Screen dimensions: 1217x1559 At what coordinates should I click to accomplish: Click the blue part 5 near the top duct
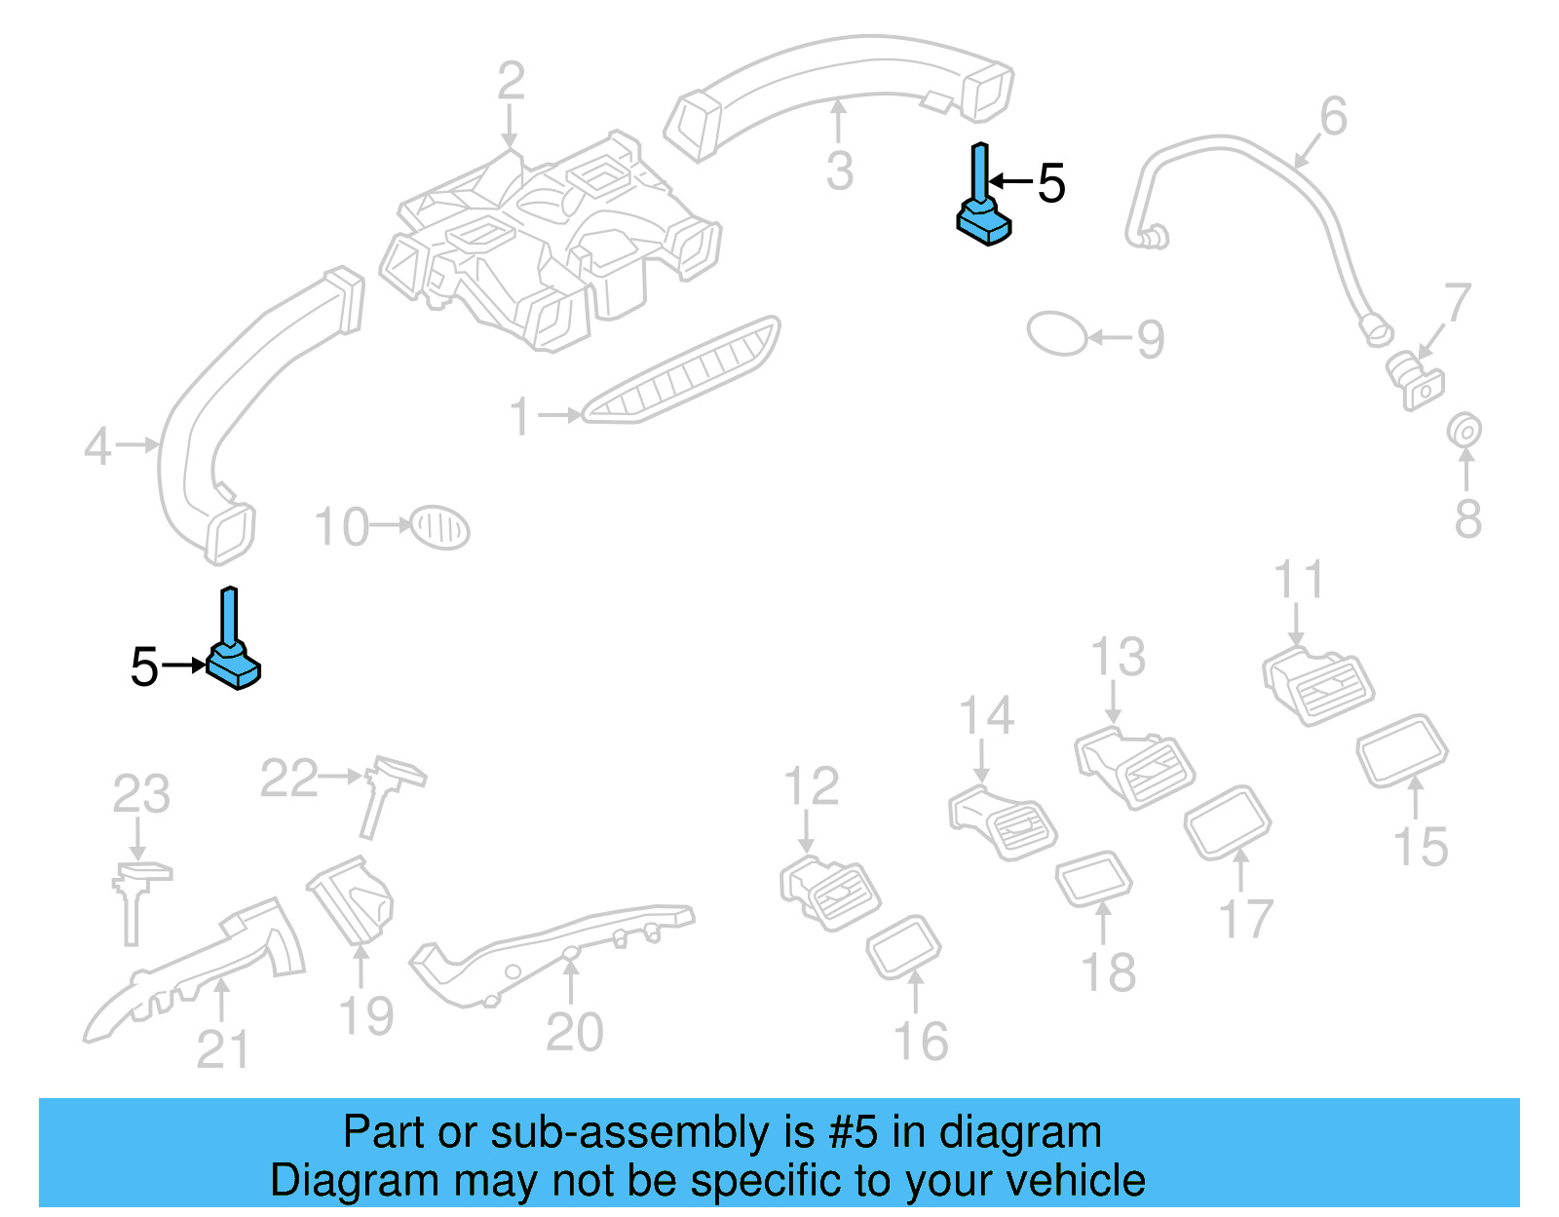pos(984,216)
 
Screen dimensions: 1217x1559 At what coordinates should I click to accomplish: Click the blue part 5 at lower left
pos(234,663)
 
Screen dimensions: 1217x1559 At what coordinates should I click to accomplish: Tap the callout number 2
pos(511,82)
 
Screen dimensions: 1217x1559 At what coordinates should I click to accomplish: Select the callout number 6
pos(1333,117)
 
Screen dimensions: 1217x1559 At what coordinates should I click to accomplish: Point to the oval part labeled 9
pos(1056,333)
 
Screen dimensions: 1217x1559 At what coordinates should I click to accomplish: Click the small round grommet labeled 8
pos(1464,430)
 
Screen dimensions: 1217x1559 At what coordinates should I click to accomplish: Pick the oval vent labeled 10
pos(439,528)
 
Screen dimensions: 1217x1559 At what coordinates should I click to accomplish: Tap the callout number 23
pos(141,794)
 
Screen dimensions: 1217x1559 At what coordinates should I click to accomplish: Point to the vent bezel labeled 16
pos(903,946)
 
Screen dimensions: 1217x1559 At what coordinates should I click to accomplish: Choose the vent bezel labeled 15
pos(1402,749)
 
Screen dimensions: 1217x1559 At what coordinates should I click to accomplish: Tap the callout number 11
pos(1299,580)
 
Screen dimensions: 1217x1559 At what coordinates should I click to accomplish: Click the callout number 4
pos(97,447)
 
